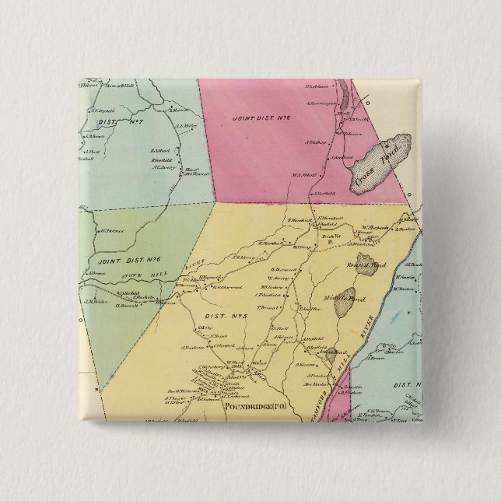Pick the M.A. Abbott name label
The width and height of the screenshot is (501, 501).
pyautogui.click(x=306, y=174)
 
